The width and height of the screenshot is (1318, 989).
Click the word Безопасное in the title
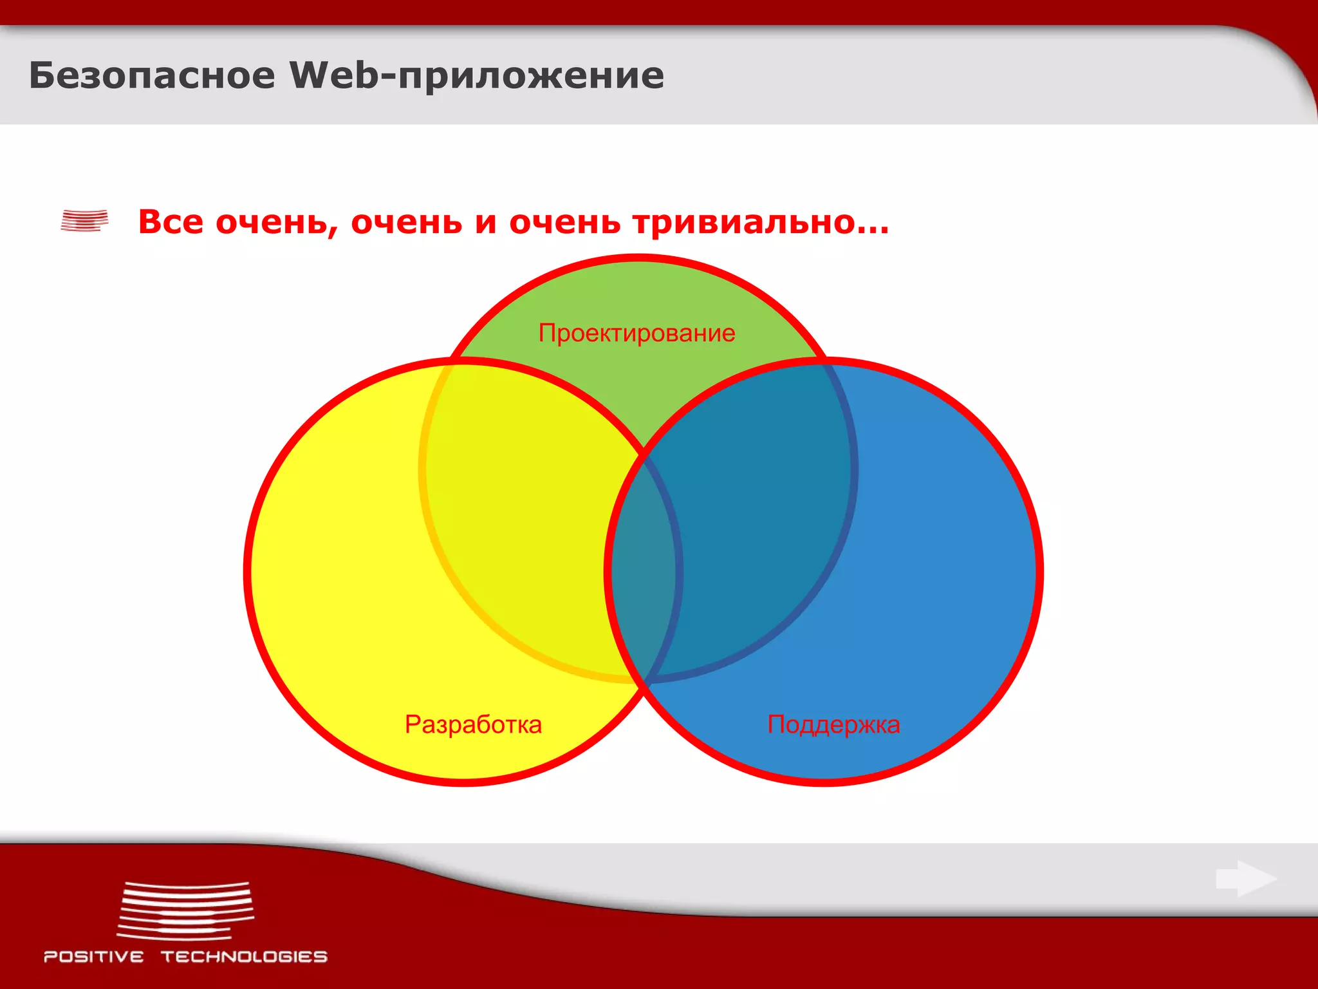152,75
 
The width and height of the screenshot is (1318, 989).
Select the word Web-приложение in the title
476,77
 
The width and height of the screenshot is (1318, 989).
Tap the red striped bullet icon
84,220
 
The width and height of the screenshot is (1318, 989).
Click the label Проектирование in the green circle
636,333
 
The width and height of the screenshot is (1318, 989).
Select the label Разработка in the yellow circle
473,724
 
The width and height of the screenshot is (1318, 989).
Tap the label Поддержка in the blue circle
833,724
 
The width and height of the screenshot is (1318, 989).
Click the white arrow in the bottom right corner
1246,878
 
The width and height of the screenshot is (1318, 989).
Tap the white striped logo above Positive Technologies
185,910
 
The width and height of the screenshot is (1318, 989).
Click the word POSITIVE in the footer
94,957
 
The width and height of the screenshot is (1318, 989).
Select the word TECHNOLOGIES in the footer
244,957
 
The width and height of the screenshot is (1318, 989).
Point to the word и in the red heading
486,223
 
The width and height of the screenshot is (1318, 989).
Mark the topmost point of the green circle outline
638,258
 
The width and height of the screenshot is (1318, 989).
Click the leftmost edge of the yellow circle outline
247,572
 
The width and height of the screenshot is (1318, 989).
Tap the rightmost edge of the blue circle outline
1039,572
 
